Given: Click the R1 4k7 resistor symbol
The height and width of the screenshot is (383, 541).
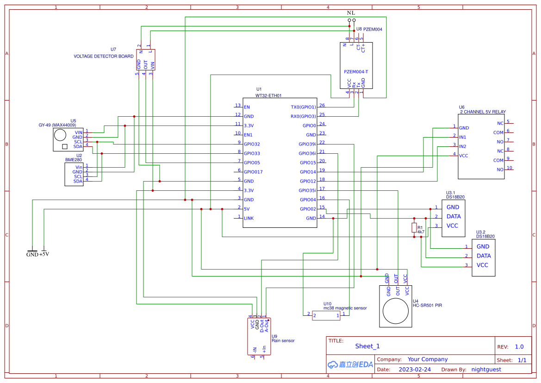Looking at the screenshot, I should pyautogui.click(x=414, y=227).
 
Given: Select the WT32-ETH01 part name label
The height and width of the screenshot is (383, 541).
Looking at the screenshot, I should pyautogui.click(x=268, y=95).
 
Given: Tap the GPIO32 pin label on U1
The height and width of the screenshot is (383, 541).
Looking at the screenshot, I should pyautogui.click(x=252, y=144).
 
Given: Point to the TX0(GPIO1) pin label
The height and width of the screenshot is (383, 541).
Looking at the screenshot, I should pyautogui.click(x=303, y=107).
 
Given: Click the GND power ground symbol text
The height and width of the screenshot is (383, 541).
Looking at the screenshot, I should pyautogui.click(x=32, y=254).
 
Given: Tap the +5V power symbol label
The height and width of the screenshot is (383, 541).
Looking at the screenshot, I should pyautogui.click(x=44, y=254).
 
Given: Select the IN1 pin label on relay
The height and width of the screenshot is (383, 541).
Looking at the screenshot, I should pyautogui.click(x=462, y=137).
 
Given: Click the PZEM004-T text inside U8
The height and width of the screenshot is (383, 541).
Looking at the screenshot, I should pyautogui.click(x=356, y=72).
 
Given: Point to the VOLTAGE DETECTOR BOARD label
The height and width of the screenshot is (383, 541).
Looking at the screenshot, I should pyautogui.click(x=104, y=57).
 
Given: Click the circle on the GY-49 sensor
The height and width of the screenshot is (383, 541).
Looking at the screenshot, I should pyautogui.click(x=60, y=135).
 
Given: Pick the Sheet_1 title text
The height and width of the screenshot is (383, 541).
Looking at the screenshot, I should pyautogui.click(x=367, y=346).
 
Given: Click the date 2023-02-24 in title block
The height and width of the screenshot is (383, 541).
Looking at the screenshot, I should pyautogui.click(x=415, y=370).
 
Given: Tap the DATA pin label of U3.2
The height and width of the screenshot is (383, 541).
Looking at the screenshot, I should pyautogui.click(x=484, y=256).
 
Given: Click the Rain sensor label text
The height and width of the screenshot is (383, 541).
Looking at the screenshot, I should pyautogui.click(x=283, y=341).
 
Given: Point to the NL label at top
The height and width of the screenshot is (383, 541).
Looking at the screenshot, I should pyautogui.click(x=351, y=13).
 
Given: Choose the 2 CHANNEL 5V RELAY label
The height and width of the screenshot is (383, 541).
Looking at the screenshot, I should pyautogui.click(x=483, y=112).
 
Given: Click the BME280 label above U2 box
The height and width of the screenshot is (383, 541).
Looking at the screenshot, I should pyautogui.click(x=74, y=160).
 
